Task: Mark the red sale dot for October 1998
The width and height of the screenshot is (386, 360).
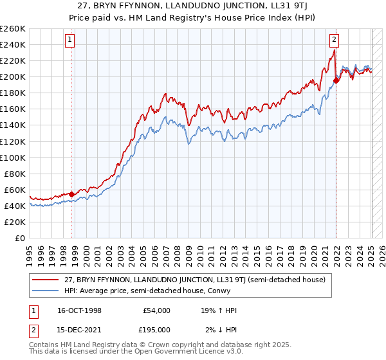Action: click(72, 194)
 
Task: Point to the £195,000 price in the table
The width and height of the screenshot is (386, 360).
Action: click(156, 330)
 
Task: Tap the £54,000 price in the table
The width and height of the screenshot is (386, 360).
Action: click(156, 310)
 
